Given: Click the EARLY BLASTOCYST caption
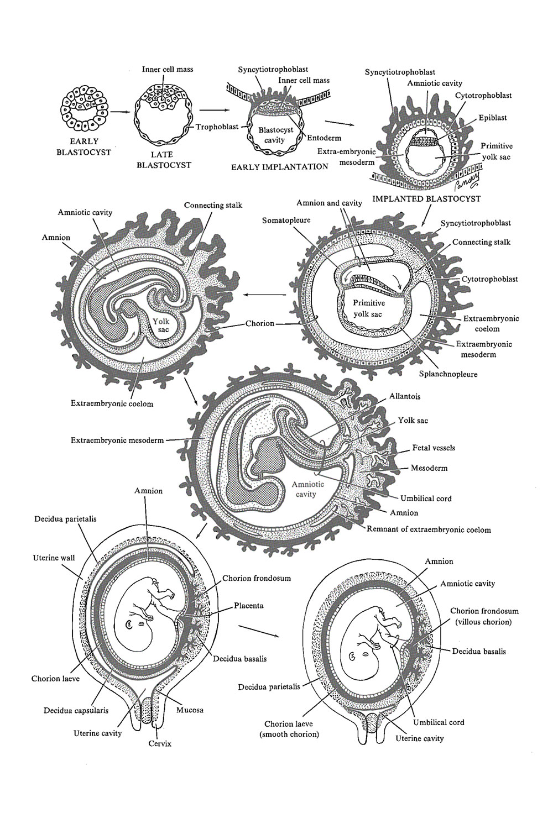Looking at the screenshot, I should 84,147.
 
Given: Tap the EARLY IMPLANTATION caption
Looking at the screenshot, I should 279,166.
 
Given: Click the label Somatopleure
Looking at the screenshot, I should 286,220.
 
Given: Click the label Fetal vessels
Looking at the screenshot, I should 434,448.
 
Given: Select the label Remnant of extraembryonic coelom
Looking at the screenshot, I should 429,529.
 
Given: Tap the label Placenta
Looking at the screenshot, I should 248,606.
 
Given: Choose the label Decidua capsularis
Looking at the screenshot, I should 76,710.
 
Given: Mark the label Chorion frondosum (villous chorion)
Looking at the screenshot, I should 484,616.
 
